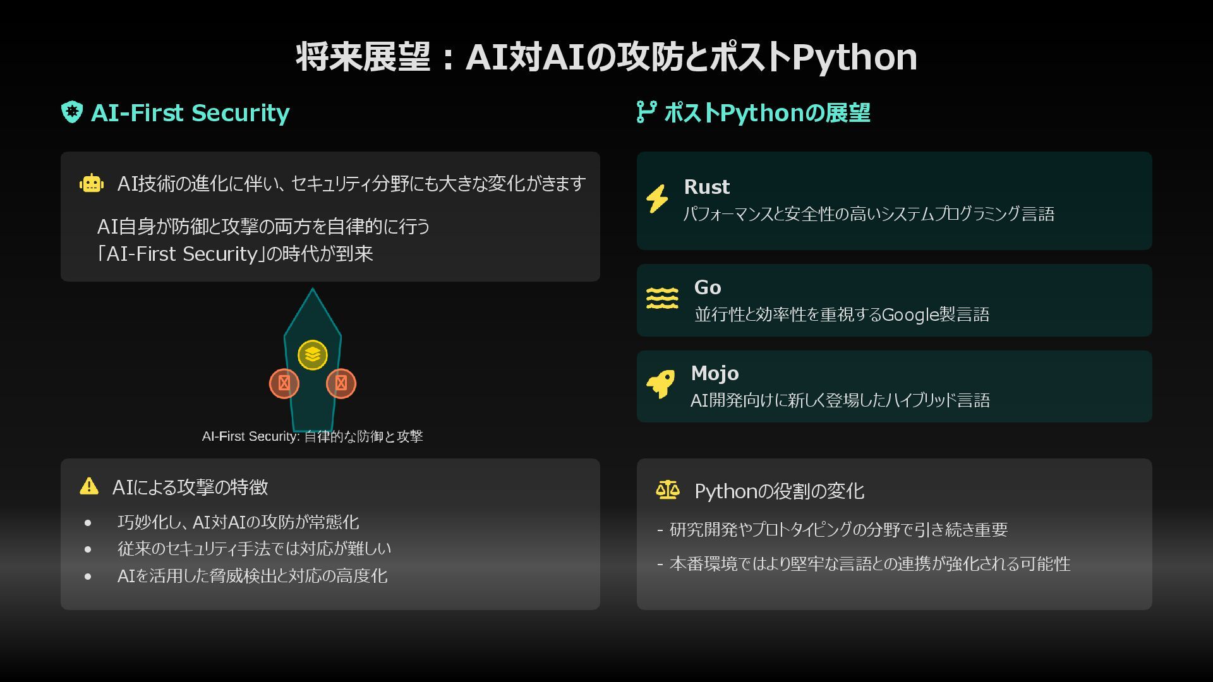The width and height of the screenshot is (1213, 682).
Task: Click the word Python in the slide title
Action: tap(854, 57)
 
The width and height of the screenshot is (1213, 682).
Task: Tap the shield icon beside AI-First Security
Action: tap(72, 112)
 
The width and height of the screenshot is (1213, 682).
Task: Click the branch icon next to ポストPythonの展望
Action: tap(646, 112)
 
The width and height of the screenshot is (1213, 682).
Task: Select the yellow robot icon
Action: tap(92, 183)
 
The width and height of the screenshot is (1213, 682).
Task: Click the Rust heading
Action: tap(706, 187)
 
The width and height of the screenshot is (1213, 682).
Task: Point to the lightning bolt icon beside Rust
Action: tap(657, 199)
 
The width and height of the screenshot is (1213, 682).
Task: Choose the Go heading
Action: tap(708, 287)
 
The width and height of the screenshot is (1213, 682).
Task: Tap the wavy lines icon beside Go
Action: tap(661, 298)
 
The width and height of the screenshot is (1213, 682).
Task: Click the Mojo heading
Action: tap(715, 373)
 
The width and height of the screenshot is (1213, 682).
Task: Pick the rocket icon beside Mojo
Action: tap(660, 384)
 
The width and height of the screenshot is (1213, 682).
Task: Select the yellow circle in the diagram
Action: tap(313, 354)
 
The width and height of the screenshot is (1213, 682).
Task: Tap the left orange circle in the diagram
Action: tap(284, 383)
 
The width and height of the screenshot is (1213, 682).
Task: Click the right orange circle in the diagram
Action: tap(341, 383)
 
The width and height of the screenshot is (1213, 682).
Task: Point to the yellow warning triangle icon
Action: tap(89, 486)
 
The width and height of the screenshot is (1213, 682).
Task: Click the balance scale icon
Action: tap(668, 490)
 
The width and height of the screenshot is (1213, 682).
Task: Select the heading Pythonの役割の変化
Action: tap(779, 491)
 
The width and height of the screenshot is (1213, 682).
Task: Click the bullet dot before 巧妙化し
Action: tap(88, 523)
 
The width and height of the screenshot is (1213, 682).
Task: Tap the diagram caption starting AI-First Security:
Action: tap(312, 436)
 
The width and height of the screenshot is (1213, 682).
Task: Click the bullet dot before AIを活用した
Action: tap(88, 577)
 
